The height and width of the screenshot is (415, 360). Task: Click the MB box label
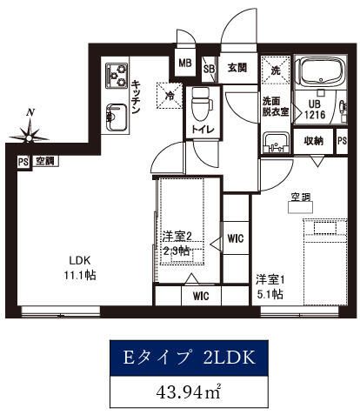[x=184, y=64]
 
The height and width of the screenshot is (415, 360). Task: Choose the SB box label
[x=209, y=68]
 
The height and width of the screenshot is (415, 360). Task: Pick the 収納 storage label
[x=315, y=141]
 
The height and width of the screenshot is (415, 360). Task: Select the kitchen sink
[x=115, y=113]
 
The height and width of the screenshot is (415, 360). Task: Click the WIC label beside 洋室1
[x=235, y=238]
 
